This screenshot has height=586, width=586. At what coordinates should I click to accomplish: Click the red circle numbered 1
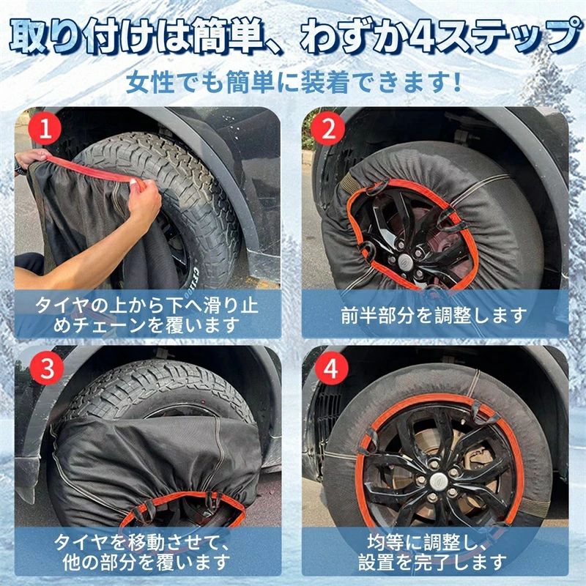point(45,128)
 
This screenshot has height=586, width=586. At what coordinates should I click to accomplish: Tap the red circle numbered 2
point(329,128)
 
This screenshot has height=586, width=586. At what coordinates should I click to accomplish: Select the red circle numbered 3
point(47,368)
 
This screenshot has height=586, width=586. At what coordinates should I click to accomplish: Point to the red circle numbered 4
point(331,368)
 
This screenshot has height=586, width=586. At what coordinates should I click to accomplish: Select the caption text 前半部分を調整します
point(434,316)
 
